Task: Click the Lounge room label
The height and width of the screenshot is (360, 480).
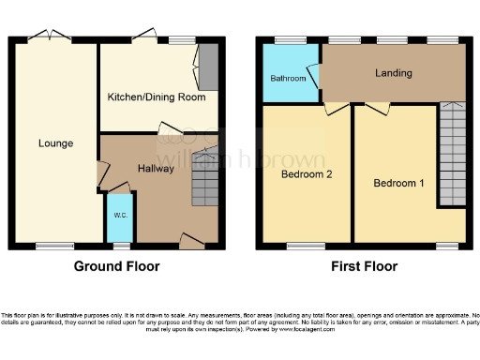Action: pos(55,143)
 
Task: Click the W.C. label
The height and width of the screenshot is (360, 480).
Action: pos(120,216)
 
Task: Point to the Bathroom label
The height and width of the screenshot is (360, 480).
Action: pos(288,79)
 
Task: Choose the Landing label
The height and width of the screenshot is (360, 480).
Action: pos(394,73)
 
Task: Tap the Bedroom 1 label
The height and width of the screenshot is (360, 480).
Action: pos(397,181)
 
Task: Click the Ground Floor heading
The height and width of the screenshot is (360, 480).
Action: pos(116,266)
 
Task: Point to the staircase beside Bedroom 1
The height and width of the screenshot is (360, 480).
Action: pos(452,154)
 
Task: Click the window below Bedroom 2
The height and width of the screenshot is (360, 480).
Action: pos(300,247)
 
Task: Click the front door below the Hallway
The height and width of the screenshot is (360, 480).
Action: pos(190,246)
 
